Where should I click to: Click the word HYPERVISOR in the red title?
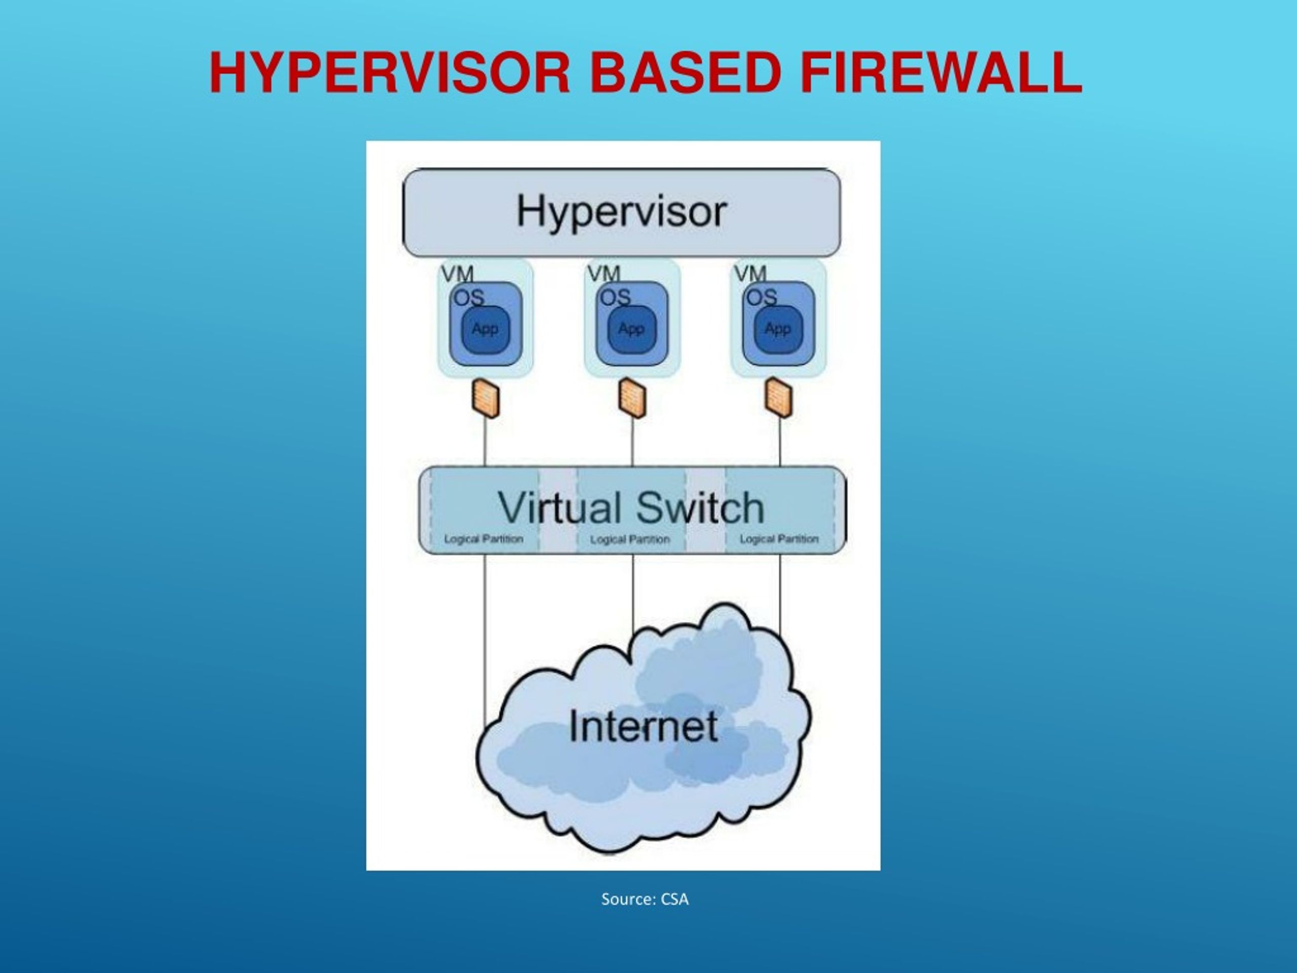(389, 73)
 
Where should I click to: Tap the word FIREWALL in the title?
(940, 73)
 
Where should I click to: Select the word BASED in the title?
(685, 73)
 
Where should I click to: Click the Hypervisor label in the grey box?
(622, 212)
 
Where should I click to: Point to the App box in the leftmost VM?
(485, 329)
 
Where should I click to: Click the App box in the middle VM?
(631, 329)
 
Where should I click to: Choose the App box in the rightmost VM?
(778, 329)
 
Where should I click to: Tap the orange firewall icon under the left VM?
(485, 398)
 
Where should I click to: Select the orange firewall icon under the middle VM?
(632, 398)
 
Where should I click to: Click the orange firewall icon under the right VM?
(779, 398)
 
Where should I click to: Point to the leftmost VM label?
(457, 273)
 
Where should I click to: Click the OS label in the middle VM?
(615, 298)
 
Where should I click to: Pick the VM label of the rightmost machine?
(750, 273)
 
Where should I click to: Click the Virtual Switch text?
(631, 508)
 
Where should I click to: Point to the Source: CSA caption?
(645, 899)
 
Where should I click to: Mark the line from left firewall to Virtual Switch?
(485, 443)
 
